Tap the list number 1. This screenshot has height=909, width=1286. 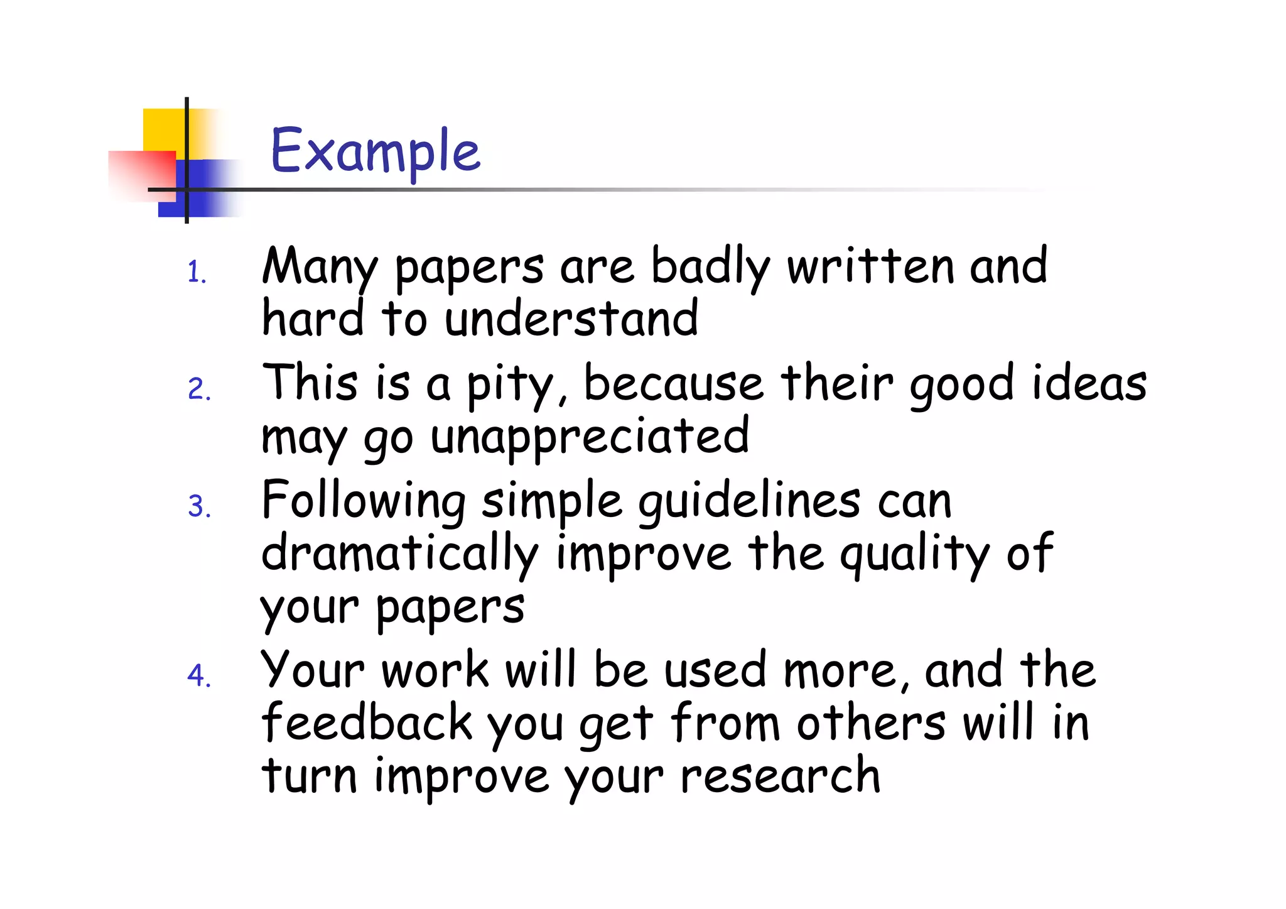point(197,273)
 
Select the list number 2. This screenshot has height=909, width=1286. point(198,389)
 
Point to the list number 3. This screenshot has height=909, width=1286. point(198,506)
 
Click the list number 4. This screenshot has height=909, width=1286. point(198,676)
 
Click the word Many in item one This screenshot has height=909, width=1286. point(320,267)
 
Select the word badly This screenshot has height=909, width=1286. point(710,267)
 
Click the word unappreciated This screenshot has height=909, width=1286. point(589,436)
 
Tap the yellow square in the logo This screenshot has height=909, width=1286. point(165,129)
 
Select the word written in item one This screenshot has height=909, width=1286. point(870,266)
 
